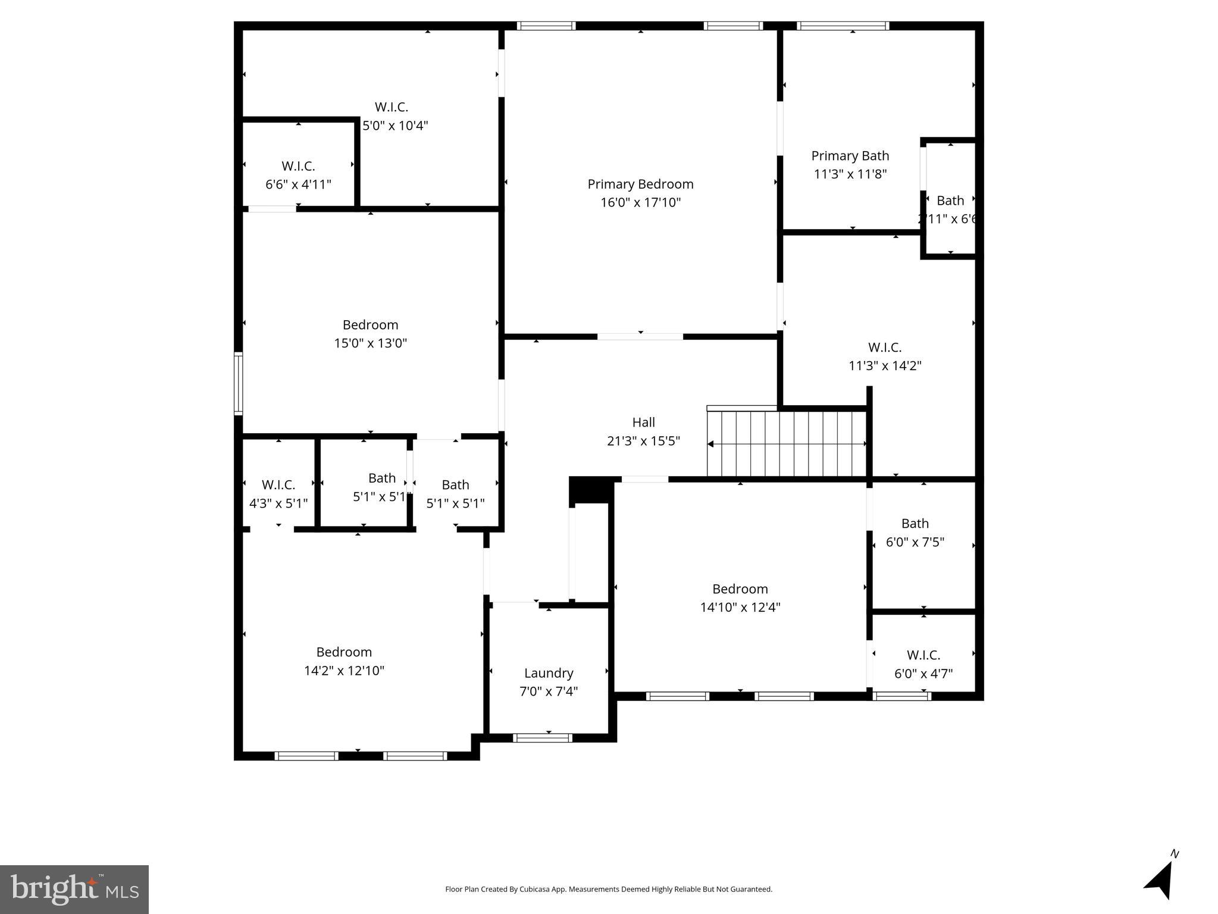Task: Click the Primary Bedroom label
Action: click(640, 184)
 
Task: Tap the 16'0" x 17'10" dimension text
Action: click(640, 203)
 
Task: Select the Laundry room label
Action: click(548, 673)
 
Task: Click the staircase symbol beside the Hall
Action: click(786, 444)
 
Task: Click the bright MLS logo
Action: click(74, 889)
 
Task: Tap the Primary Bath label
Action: click(850, 156)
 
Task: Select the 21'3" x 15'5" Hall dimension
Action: click(643, 441)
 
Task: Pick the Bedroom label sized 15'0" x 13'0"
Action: click(370, 325)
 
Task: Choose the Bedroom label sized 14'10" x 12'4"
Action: click(740, 589)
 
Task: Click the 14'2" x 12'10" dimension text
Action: click(344, 671)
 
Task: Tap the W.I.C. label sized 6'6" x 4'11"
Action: click(298, 166)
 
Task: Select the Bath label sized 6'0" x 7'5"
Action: click(915, 524)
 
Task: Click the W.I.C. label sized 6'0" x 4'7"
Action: click(923, 655)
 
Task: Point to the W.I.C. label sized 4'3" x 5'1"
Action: click(278, 485)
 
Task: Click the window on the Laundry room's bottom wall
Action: click(542, 738)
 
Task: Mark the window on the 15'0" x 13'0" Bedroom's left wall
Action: click(239, 383)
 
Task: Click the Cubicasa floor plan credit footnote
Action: click(609, 889)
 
